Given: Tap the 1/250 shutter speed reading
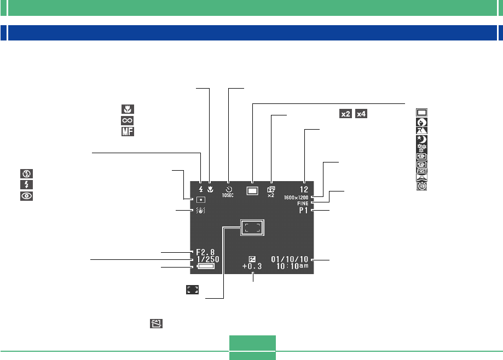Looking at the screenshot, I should [x=207, y=260].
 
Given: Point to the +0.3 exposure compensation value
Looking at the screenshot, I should [x=252, y=266].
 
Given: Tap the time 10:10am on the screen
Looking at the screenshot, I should [x=293, y=266].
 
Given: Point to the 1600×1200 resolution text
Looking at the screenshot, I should [x=297, y=196].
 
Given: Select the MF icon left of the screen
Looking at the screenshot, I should [x=127, y=131].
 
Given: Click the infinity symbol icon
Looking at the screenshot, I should [x=127, y=120].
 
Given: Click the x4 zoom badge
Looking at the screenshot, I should [x=361, y=114].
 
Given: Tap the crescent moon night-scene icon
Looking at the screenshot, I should [x=423, y=140].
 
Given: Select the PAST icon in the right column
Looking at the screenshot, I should [x=423, y=170].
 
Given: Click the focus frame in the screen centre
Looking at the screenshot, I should [x=252, y=228].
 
